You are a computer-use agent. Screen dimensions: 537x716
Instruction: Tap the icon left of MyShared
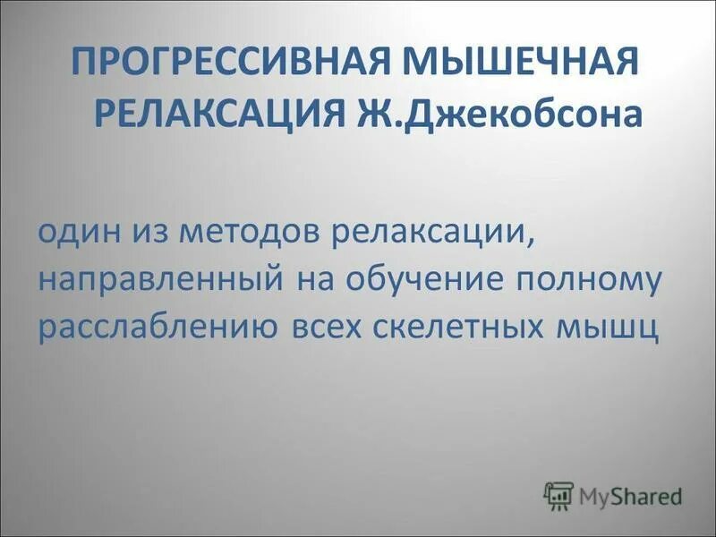(558, 495)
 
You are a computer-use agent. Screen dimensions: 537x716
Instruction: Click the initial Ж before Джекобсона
(369, 114)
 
